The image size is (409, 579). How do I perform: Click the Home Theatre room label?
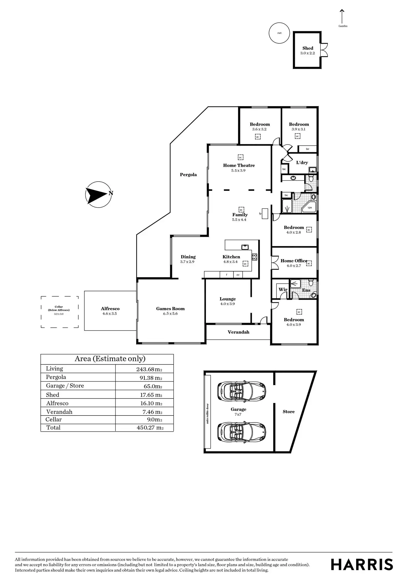click(x=239, y=165)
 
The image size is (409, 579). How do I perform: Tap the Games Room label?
click(x=170, y=309)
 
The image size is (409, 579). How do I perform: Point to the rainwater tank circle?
click(x=279, y=33)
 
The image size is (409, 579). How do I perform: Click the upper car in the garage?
click(x=241, y=391)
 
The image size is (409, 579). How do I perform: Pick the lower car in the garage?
click(x=241, y=432)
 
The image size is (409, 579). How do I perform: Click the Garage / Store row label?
click(x=65, y=386)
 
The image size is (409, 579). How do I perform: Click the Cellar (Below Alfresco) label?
click(x=59, y=308)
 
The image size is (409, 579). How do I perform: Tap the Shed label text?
click(x=308, y=48)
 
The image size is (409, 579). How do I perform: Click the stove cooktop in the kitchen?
click(x=254, y=257)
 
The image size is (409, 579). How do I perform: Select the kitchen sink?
click(x=245, y=247)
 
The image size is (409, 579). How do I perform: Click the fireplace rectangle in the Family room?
click(x=265, y=213)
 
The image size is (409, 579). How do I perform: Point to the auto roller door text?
click(x=207, y=414)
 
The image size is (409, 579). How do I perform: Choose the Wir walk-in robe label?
click(x=283, y=289)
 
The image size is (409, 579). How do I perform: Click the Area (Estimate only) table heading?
click(x=110, y=359)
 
